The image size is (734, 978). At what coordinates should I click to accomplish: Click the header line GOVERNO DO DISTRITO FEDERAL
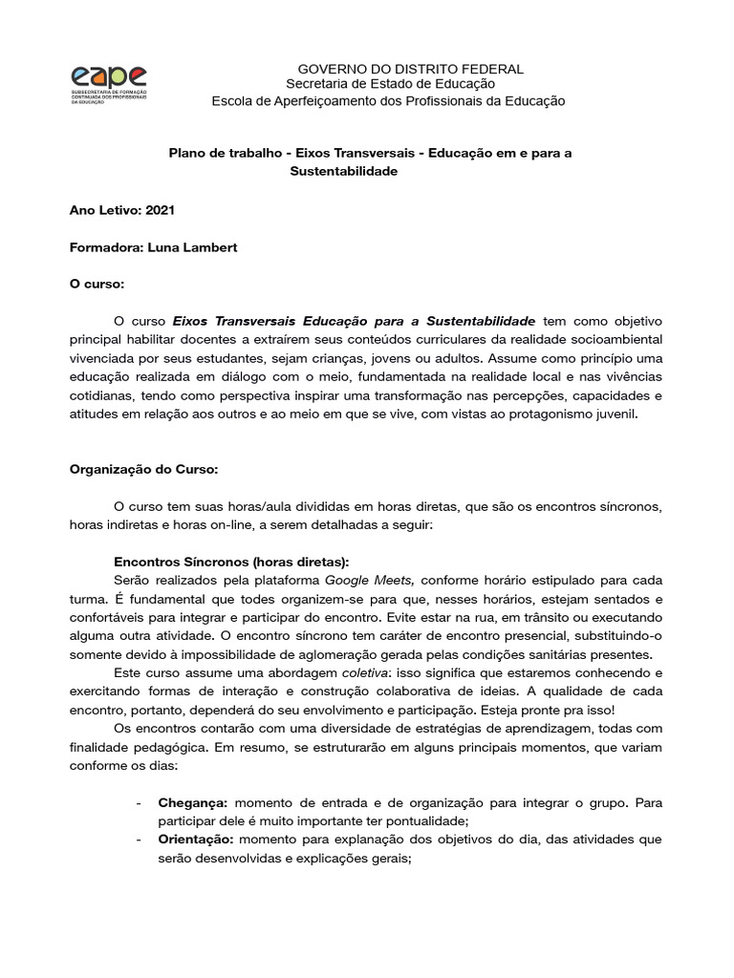411,69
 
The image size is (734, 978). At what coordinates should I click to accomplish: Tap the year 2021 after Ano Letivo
161,210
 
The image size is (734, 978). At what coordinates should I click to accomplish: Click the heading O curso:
97,285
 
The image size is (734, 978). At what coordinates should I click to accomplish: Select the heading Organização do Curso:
144,469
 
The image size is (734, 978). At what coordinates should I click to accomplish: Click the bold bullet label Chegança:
193,803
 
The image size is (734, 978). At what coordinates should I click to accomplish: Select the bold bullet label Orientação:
195,840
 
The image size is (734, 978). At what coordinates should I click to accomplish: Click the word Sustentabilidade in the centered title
342,171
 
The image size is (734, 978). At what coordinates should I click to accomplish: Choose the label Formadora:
106,247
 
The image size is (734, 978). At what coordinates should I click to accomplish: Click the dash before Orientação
140,840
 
